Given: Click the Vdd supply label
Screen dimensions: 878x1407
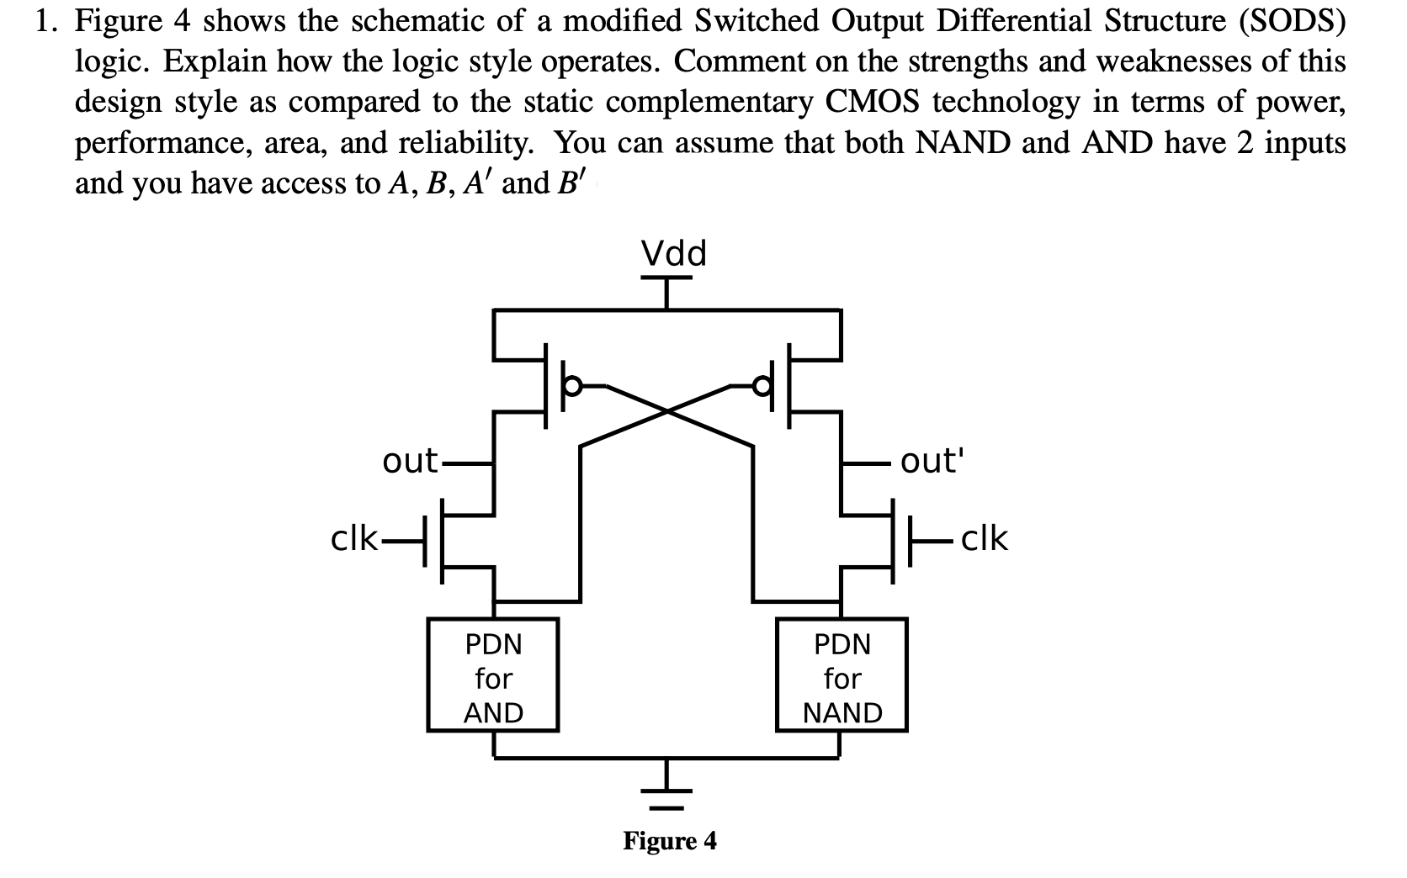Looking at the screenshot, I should pyautogui.click(x=673, y=252).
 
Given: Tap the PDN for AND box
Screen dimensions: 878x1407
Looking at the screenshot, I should pyautogui.click(x=493, y=678).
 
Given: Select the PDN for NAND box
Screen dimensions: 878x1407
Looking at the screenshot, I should pyautogui.click(x=842, y=678).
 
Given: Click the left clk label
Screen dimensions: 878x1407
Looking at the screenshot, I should pyautogui.click(x=354, y=539).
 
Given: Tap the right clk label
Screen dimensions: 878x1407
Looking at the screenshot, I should pyautogui.click(x=984, y=538).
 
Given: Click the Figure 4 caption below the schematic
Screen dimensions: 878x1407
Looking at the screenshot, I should pyautogui.click(x=670, y=840).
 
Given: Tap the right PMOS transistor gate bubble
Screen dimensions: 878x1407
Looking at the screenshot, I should pyautogui.click(x=763, y=386).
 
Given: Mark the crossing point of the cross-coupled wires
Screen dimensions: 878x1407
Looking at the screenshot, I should pyautogui.click(x=668, y=411).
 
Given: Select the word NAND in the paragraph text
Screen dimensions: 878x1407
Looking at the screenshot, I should pyautogui.click(x=963, y=144).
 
